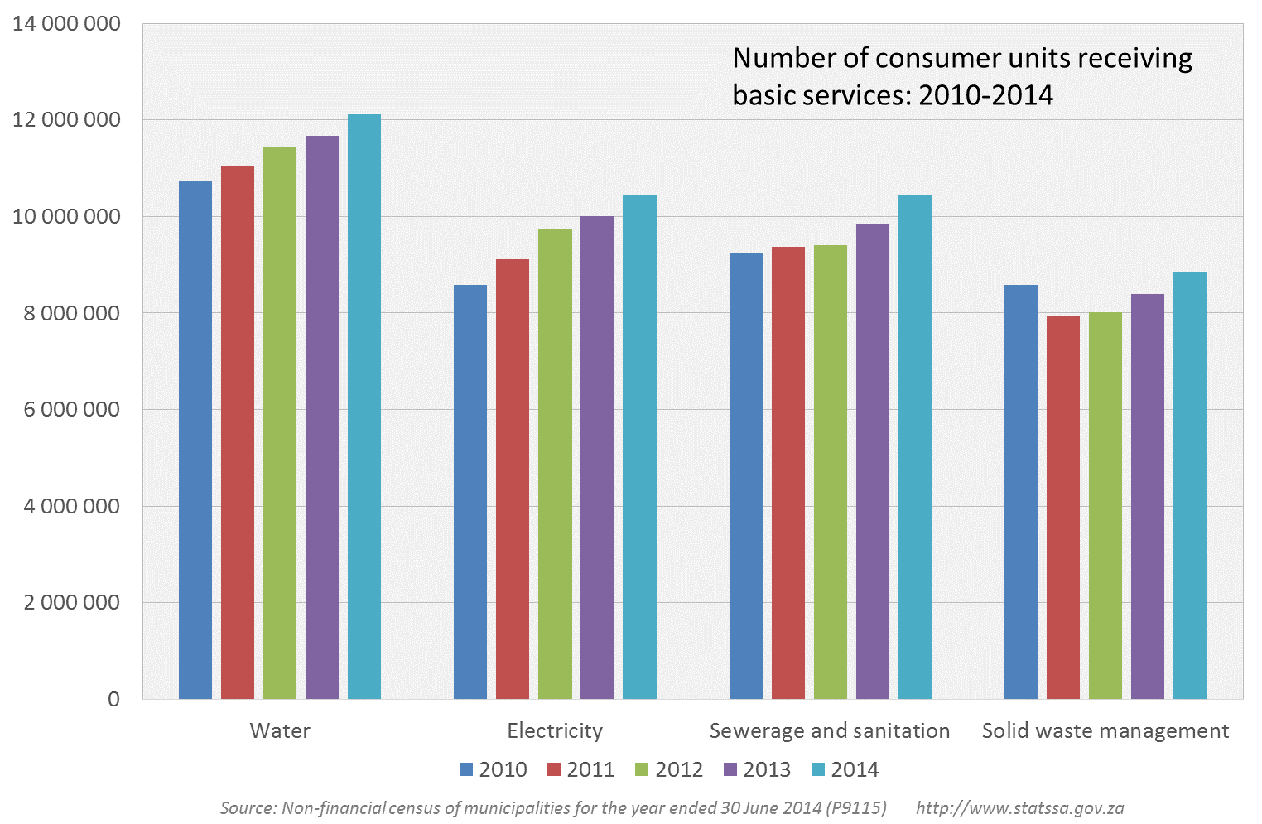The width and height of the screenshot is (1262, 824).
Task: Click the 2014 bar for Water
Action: pyautogui.click(x=364, y=406)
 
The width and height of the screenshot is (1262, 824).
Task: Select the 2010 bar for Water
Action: pyautogui.click(x=195, y=439)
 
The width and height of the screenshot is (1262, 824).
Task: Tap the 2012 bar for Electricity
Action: pyautogui.click(x=555, y=464)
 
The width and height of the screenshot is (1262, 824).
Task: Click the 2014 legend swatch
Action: pyautogui.click(x=818, y=769)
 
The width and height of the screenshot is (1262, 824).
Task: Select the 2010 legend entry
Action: pyautogui.click(x=494, y=769)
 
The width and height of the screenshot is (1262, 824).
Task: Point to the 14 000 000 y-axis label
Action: pyautogui.click(x=66, y=24)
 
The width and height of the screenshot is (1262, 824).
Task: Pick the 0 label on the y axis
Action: pyautogui.click(x=113, y=699)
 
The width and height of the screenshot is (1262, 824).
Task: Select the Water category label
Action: pyautogui.click(x=280, y=730)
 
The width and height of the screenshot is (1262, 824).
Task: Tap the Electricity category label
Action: pyautogui.click(x=555, y=730)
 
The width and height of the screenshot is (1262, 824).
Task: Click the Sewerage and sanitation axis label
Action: pyautogui.click(x=830, y=730)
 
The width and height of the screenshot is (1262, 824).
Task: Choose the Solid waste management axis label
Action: pyautogui.click(x=1105, y=730)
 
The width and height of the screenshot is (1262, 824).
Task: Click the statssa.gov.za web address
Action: pyautogui.click(x=1019, y=807)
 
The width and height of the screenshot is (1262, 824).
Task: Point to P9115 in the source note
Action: pyautogui.click(x=855, y=807)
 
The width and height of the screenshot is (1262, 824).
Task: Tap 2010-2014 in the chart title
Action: pyautogui.click(x=985, y=95)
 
